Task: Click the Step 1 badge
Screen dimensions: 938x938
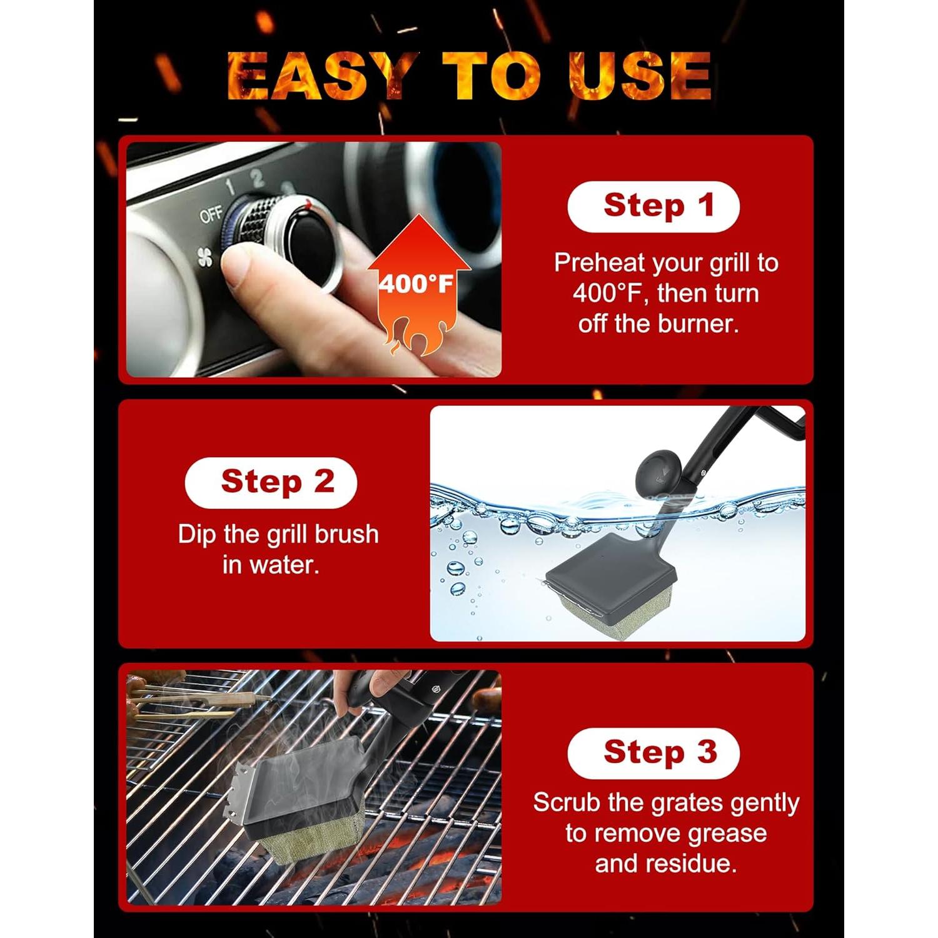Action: tap(653, 207)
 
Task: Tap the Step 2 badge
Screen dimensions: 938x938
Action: tap(271, 483)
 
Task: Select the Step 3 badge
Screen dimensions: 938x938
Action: tap(653, 753)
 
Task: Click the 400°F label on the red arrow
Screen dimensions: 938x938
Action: tap(416, 285)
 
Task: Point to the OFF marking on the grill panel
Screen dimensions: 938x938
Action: tap(211, 214)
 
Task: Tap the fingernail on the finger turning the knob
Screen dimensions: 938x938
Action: tap(238, 267)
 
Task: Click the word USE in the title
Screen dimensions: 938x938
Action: tap(640, 76)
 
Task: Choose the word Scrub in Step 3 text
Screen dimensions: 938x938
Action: tap(566, 803)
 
